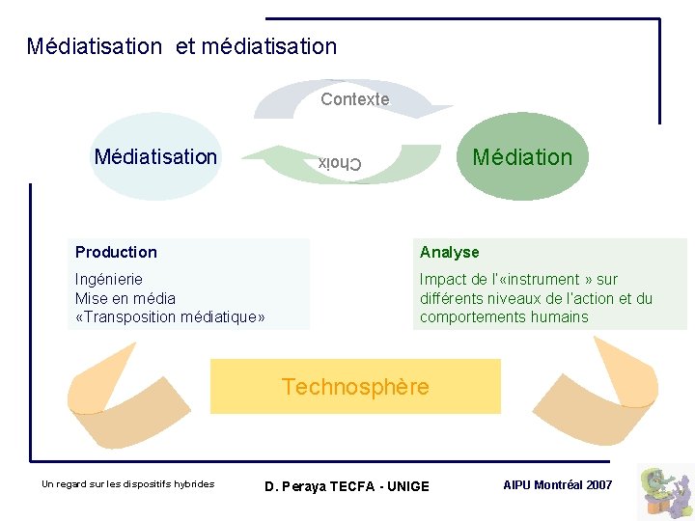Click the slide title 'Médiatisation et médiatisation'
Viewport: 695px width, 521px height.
pos(182,46)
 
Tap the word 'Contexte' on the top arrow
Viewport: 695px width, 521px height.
pos(354,99)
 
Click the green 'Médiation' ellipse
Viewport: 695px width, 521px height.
pos(522,157)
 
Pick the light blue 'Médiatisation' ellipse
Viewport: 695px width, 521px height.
pos(155,156)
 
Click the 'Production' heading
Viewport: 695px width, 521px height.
pos(116,252)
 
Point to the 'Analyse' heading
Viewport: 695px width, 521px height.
pos(449,252)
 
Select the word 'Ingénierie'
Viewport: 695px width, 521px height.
pos(109,280)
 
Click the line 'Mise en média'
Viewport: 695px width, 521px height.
pos(125,298)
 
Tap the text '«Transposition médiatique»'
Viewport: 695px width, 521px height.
pos(170,317)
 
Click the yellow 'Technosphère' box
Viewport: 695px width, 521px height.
pos(355,387)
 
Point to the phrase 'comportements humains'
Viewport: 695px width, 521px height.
pos(504,317)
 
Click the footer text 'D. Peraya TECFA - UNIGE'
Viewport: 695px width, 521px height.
pos(347,486)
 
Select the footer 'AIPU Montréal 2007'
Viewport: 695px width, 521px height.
pos(557,484)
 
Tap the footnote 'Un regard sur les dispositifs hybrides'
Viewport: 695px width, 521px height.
pos(127,484)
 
